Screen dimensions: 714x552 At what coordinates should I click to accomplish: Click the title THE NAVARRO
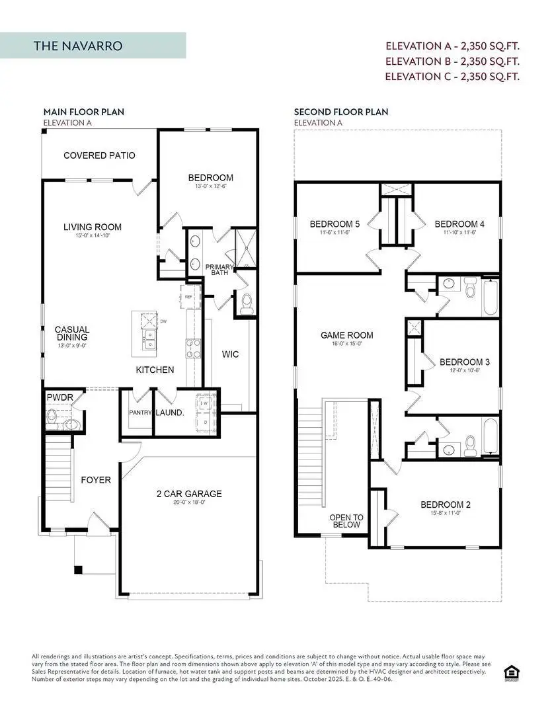(x=78, y=46)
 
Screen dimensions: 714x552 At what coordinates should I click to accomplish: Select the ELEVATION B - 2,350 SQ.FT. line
(x=452, y=61)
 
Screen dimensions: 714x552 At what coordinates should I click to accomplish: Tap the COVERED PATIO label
(x=99, y=155)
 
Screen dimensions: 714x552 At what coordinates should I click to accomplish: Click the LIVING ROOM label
(x=93, y=227)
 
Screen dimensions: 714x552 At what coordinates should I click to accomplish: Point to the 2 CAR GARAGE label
(x=188, y=494)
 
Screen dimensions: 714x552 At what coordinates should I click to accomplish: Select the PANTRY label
(x=141, y=413)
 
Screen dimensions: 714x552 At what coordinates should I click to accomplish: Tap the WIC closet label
(x=230, y=354)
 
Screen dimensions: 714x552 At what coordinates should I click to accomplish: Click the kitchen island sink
(x=149, y=340)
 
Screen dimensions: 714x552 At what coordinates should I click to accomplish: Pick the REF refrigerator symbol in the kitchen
(x=188, y=297)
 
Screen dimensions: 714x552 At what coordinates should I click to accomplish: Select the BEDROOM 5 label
(x=332, y=224)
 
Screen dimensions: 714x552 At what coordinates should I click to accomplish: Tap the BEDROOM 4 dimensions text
(x=455, y=233)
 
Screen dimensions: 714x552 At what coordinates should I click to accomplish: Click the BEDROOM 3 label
(x=464, y=362)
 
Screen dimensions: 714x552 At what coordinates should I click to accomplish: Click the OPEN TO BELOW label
(x=346, y=521)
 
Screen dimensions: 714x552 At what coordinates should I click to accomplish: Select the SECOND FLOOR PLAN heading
(x=341, y=112)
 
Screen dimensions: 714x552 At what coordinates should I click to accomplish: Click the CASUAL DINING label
(x=72, y=334)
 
